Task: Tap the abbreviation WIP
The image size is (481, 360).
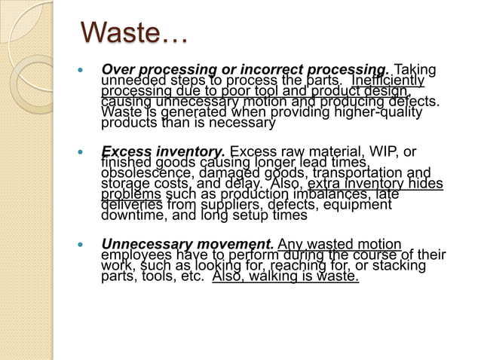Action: click(x=376, y=152)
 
